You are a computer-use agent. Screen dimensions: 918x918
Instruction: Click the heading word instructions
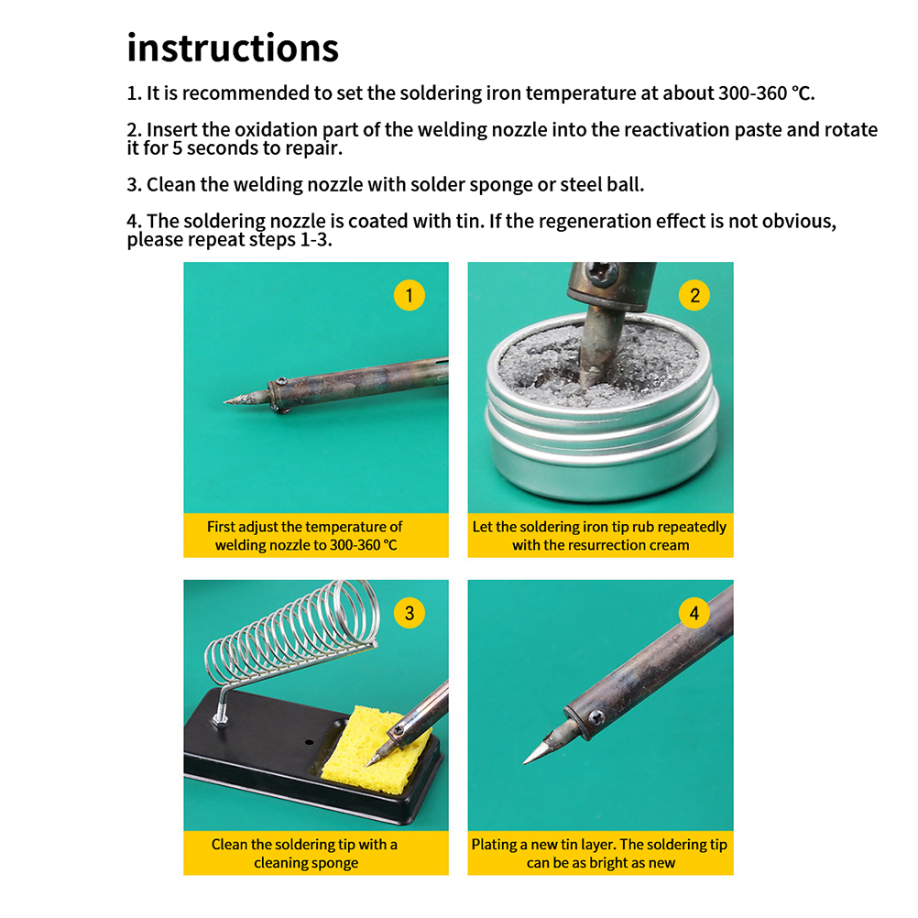coord(233,48)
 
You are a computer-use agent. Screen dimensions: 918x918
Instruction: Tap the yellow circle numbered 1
coord(410,295)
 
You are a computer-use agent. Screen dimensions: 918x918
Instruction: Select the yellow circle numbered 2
coord(694,295)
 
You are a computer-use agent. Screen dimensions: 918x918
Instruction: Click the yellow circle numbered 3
coord(410,613)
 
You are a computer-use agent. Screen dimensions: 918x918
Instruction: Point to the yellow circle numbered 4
coord(694,613)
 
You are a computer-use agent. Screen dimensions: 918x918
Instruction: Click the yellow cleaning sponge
coord(375,752)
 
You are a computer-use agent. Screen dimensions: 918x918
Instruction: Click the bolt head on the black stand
coord(220,718)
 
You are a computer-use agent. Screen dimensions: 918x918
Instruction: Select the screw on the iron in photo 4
coord(596,716)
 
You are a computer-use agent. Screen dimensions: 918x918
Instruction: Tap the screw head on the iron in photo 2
coord(603,273)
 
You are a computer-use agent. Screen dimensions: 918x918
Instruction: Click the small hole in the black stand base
coord(309,742)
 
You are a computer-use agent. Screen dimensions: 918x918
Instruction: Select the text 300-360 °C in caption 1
coord(364,545)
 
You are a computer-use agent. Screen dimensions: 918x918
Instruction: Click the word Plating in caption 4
coord(494,845)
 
